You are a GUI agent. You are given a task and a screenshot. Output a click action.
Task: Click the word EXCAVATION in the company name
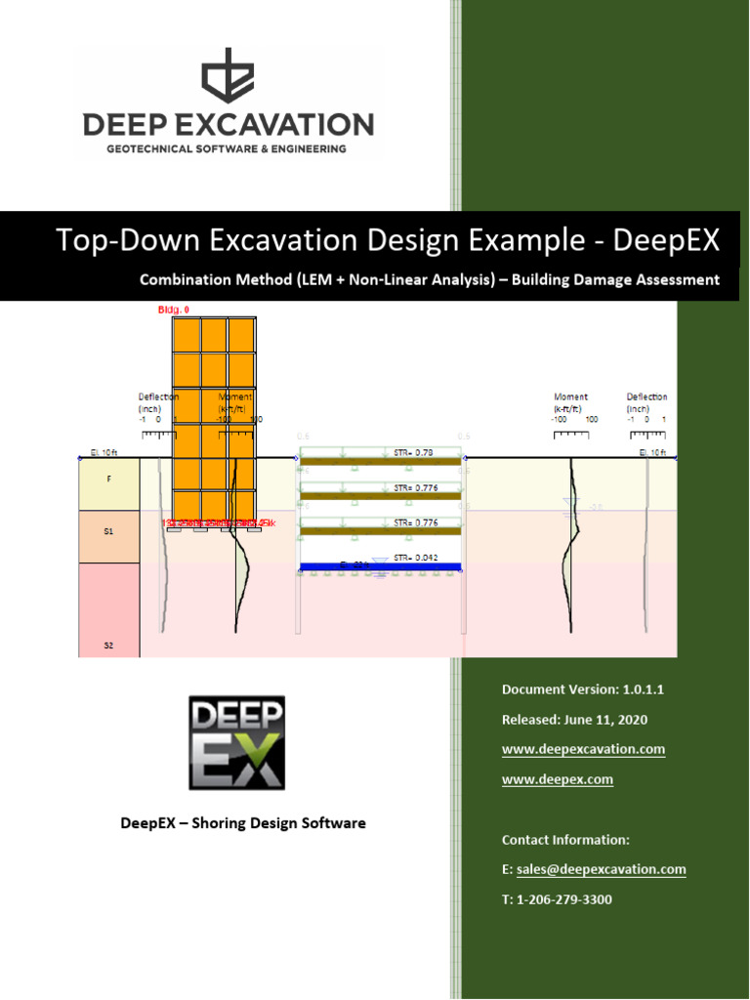(282, 125)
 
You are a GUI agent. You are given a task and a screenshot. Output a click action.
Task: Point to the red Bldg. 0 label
(174, 310)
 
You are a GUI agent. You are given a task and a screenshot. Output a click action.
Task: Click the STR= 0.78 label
(414, 452)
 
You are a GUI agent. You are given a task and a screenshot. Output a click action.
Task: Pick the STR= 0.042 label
(415, 558)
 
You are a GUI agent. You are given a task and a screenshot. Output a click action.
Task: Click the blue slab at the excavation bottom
(381, 566)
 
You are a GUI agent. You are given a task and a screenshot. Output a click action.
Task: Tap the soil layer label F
(108, 480)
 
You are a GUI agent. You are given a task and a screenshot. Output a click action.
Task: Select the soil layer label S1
(108, 532)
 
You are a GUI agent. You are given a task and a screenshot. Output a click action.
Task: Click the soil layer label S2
(108, 646)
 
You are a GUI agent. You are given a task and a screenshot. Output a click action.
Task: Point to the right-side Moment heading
(570, 397)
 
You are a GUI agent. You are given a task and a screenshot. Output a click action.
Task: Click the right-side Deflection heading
(646, 397)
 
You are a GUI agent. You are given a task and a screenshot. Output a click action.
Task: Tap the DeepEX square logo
(236, 742)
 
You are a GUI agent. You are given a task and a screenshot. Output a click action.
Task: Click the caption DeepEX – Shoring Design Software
(243, 823)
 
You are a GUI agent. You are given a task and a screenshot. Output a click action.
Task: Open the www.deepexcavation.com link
(583, 749)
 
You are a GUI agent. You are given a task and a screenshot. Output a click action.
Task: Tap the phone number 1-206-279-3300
(563, 899)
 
